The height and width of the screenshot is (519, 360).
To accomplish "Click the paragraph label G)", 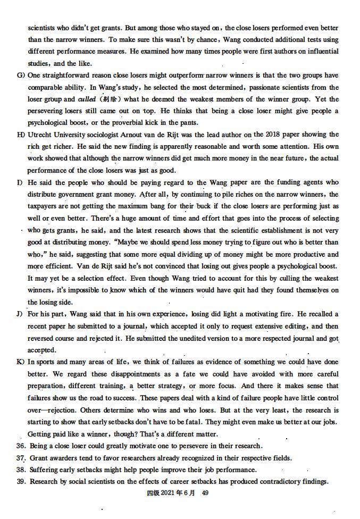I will tap(21, 76).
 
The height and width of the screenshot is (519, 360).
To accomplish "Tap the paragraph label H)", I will tap(21, 135).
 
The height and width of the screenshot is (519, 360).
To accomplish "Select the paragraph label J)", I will tap(21, 314).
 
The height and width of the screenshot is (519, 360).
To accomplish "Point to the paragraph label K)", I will tap(21, 362).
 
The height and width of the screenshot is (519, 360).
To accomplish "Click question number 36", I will tap(21, 446).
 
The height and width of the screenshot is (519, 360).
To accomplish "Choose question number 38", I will tap(21, 470).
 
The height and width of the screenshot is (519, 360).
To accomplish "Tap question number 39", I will tap(21, 482).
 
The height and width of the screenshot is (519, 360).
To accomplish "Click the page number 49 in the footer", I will tap(205, 493).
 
